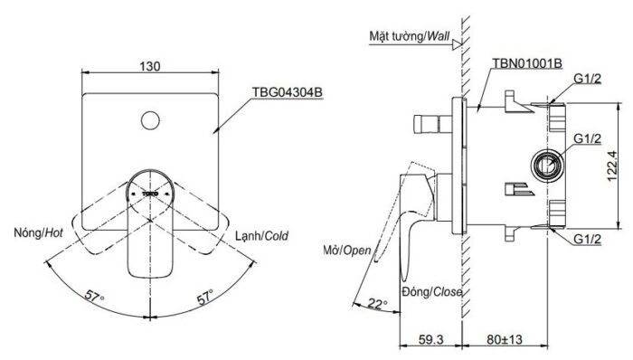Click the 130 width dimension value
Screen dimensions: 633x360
tap(150, 66)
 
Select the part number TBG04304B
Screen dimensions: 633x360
tap(287, 92)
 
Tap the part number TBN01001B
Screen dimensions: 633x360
tap(527, 63)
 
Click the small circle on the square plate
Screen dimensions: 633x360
tap(150, 120)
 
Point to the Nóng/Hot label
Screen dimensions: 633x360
tap(38, 232)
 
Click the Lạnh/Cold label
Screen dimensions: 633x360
tap(262, 236)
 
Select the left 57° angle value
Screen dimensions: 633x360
tap(94, 297)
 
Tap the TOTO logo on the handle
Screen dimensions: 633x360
tap(150, 194)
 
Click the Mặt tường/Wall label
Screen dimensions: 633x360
tap(410, 36)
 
